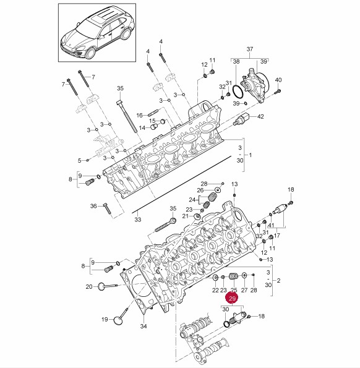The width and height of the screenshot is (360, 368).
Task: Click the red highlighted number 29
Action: [232, 298]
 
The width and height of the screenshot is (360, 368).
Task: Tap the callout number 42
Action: [260, 116]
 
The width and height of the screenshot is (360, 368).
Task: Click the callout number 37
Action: [250, 49]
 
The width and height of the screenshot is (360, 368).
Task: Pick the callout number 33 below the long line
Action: [138, 220]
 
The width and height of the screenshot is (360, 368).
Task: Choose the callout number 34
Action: [144, 326]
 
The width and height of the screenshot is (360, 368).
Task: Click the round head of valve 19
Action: [118, 320]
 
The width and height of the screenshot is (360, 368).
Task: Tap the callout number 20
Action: [89, 286]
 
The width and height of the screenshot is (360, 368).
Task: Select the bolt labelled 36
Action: [107, 208]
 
